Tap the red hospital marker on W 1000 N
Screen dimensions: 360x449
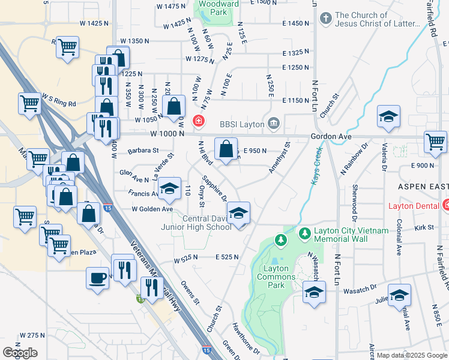tap(197, 122)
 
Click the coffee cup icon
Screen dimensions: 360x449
tap(97, 278)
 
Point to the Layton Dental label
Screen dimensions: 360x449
tap(418, 206)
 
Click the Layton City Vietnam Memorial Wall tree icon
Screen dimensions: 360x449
tap(305, 232)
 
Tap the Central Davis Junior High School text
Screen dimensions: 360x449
tap(196, 223)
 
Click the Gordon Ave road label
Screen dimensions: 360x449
tap(327, 137)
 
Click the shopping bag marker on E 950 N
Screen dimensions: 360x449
tap(226, 149)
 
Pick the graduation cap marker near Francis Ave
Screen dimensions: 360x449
tap(170, 189)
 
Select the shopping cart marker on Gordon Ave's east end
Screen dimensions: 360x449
tap(435, 142)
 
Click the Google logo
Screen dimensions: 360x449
tap(20, 352)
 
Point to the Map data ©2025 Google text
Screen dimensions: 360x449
tap(412, 355)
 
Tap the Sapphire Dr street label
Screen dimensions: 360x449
tap(214, 188)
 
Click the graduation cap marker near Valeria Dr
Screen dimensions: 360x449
tap(388, 117)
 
